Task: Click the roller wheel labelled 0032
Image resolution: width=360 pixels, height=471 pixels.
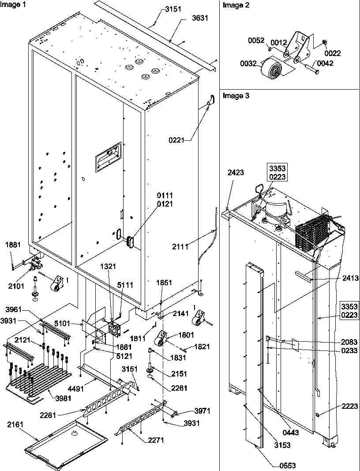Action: (270, 69)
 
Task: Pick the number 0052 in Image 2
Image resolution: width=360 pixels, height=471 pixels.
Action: (256, 41)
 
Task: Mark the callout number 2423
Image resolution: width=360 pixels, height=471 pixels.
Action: (236, 173)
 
